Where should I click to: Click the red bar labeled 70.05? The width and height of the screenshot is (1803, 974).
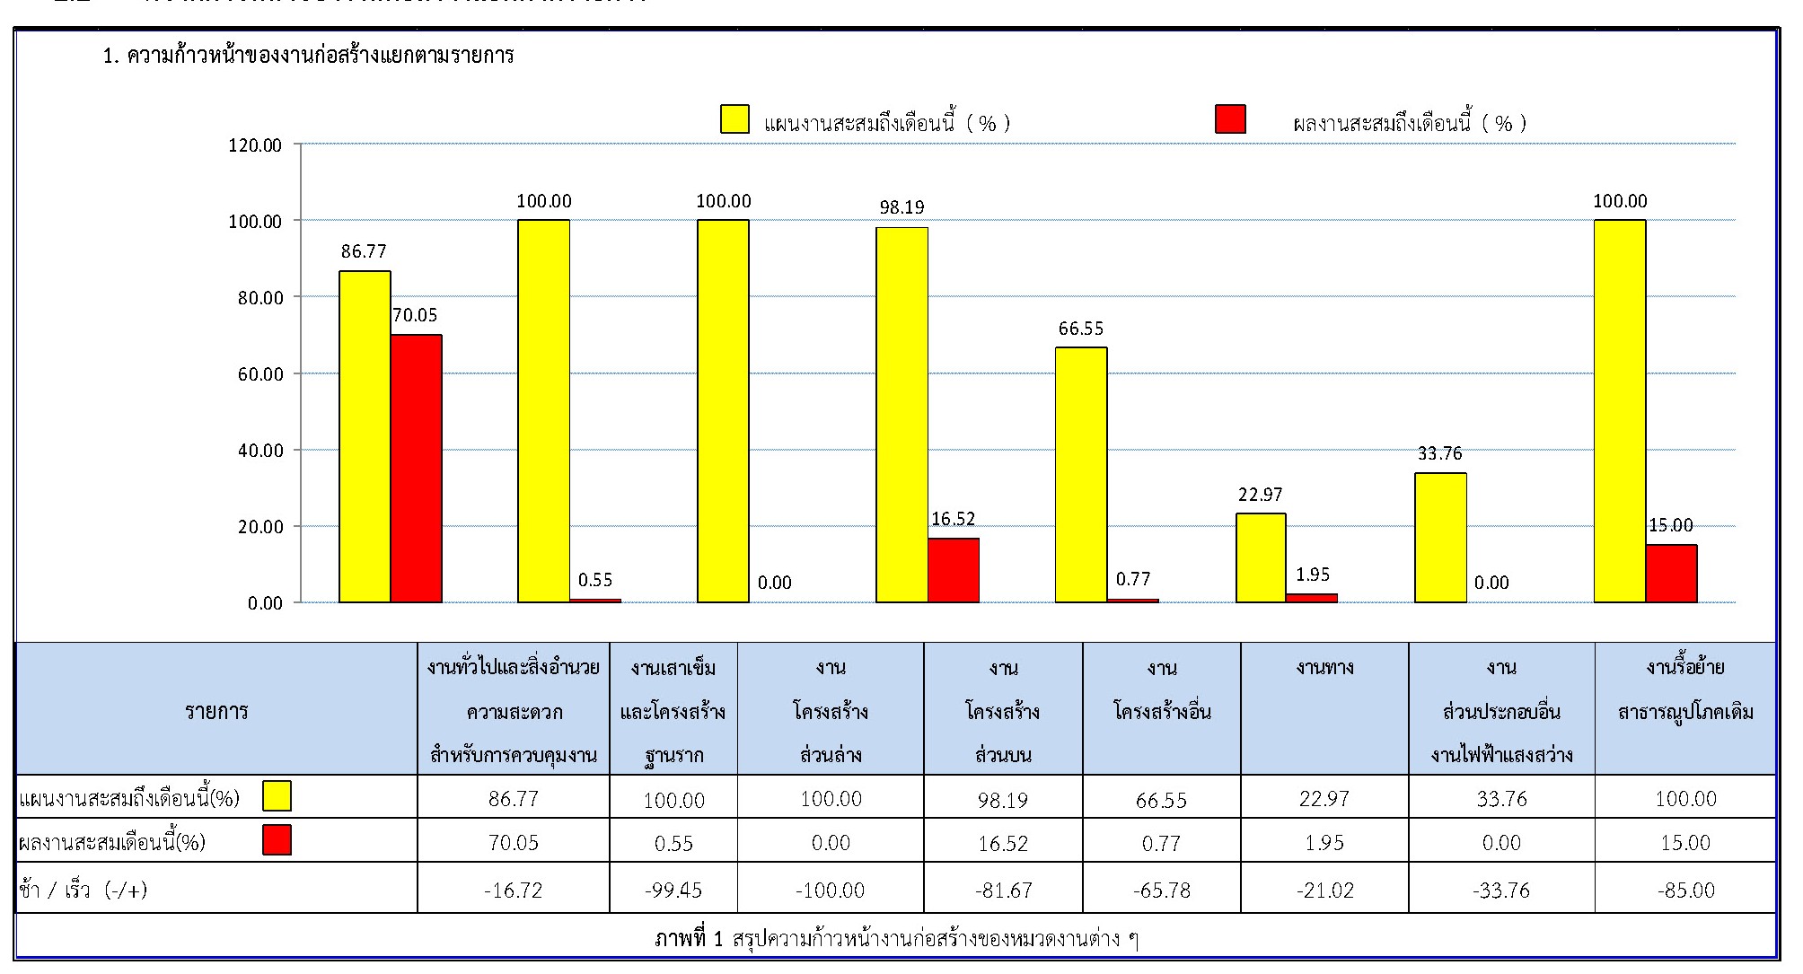tap(416, 468)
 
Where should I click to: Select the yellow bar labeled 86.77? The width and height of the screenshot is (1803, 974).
tap(365, 436)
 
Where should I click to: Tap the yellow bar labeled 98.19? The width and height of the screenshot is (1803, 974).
tap(901, 415)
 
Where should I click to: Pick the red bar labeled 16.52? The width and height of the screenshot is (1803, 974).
tap(954, 570)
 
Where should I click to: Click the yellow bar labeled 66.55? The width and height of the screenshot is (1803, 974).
tap(1081, 474)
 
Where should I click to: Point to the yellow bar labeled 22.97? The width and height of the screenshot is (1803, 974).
tap(1261, 557)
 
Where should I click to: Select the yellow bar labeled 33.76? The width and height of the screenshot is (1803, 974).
tap(1440, 537)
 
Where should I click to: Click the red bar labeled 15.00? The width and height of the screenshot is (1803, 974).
tap(1671, 573)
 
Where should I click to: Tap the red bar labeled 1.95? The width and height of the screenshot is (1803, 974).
tap(1312, 598)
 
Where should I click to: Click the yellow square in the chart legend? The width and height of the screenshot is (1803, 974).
tap(734, 119)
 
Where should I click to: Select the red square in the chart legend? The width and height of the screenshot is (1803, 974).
tap(1230, 119)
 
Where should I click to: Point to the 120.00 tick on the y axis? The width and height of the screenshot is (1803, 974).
tap(255, 145)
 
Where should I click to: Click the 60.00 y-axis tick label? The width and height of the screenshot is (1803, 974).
tap(259, 374)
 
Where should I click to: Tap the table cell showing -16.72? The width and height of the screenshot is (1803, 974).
tap(513, 890)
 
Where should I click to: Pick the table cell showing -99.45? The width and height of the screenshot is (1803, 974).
tap(673, 890)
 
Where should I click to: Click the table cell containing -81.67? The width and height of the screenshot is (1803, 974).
tap(1003, 890)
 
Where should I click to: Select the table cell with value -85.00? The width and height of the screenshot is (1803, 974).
tap(1685, 890)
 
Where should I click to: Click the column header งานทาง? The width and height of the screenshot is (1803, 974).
tap(1324, 668)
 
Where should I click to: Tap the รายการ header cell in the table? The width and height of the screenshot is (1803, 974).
tap(216, 711)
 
